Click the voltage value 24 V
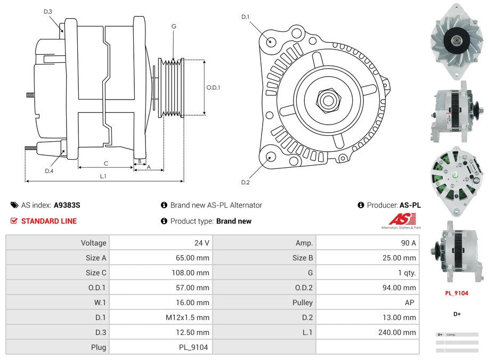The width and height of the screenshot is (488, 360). [201, 243]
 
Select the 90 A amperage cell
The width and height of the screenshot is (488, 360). [408, 243]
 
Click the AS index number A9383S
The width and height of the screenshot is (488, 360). [67, 205]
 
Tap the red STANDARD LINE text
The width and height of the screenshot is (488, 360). [48, 221]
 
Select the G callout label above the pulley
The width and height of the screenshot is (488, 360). [174, 26]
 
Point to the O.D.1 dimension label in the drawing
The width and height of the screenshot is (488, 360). [213, 88]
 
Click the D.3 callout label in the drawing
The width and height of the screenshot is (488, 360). [48, 12]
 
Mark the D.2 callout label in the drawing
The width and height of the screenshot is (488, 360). [245, 182]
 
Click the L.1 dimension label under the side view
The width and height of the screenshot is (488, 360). [103, 176]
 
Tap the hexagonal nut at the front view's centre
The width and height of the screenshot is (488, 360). [328, 100]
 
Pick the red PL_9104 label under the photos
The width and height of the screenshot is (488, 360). [457, 293]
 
